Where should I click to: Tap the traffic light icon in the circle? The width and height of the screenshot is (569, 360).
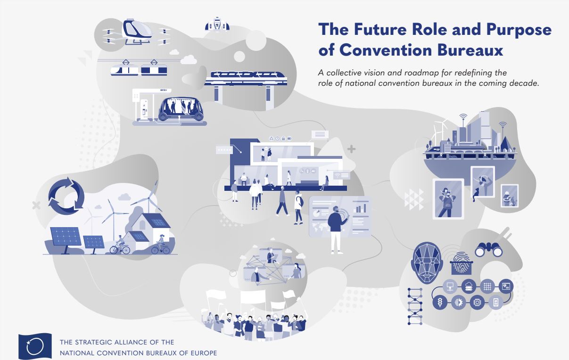(x=439, y=303)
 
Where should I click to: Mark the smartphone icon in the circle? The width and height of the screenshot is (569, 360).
(x=495, y=303)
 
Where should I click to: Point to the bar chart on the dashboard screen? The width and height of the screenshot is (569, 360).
(x=361, y=208)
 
